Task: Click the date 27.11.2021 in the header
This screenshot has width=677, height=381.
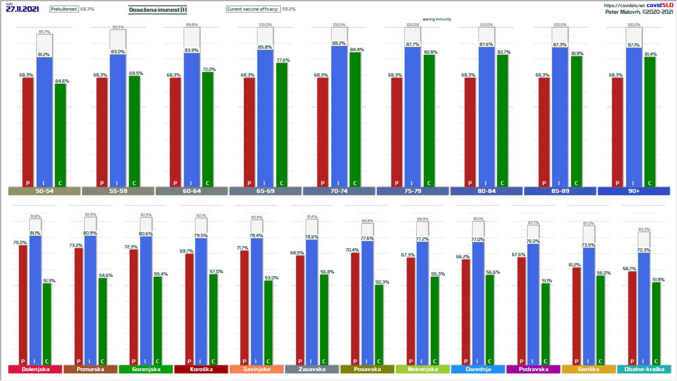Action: tap(23, 9)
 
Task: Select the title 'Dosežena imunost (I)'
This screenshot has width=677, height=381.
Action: tap(158, 10)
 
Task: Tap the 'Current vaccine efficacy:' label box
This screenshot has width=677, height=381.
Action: tap(253, 9)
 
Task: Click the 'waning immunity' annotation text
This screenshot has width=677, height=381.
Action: tap(437, 19)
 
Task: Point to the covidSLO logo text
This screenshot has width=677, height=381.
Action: tap(660, 5)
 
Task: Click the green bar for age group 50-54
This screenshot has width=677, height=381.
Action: tap(60, 134)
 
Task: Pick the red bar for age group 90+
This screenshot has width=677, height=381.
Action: tap(617, 131)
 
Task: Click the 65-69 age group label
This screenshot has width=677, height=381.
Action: tap(265, 191)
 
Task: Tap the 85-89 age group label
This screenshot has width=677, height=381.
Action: tap(560, 191)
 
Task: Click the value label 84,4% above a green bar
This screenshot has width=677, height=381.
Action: tap(357, 50)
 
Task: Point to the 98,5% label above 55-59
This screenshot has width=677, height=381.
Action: tap(118, 27)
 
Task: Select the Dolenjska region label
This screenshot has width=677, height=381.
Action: tap(35, 369)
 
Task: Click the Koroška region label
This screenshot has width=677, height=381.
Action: tap(201, 369)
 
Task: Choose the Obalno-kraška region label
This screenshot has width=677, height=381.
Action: tap(644, 369)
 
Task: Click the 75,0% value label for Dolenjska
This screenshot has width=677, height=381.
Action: tap(20, 243)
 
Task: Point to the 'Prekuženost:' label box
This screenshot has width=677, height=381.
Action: tap(64, 9)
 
